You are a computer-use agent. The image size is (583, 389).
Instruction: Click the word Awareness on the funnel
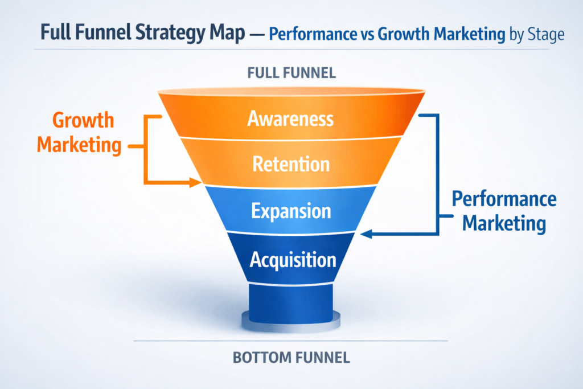coord(290,118)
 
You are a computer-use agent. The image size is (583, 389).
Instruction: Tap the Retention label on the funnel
coord(290,165)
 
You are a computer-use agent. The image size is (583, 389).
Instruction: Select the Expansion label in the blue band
coord(290,211)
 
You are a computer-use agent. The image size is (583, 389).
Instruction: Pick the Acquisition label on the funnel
coord(293,260)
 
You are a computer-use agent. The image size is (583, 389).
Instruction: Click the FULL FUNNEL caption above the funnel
coord(291,73)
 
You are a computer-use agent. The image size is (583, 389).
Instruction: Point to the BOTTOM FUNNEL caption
coord(291,358)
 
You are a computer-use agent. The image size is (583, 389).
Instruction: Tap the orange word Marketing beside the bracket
coord(79,145)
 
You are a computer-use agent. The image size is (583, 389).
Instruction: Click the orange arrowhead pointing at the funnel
coord(198,183)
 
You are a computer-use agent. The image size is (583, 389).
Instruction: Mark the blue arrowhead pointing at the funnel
coord(365,233)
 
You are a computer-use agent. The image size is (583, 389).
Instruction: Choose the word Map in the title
coord(231,32)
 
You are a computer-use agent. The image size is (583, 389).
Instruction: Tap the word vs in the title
coord(378,34)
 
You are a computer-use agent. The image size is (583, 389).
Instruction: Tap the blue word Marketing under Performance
coord(504,222)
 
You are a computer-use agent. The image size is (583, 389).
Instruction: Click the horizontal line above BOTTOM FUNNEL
coord(291,341)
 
